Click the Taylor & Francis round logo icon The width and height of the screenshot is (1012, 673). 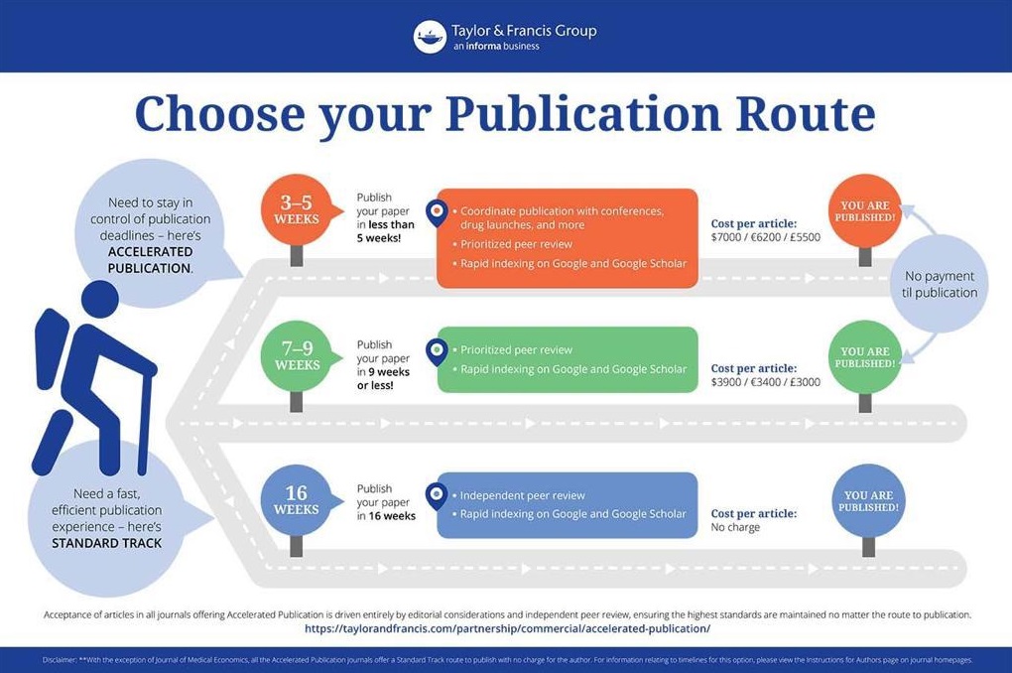(x=430, y=37)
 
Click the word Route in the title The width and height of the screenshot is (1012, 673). (x=805, y=114)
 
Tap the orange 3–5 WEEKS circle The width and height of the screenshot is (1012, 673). (x=297, y=209)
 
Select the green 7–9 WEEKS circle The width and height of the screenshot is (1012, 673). (x=297, y=356)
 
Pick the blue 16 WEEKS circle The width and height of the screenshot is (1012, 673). (x=297, y=500)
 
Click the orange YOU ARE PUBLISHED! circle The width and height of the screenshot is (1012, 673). (x=865, y=210)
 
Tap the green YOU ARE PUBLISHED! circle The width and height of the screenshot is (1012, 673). (x=865, y=356)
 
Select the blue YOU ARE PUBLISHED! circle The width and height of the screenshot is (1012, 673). (x=869, y=500)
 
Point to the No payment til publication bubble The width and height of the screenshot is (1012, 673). (x=939, y=284)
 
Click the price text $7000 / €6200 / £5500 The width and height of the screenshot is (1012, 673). (x=766, y=237)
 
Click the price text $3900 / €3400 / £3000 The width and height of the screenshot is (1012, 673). (x=766, y=382)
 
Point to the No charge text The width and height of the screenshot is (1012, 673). (x=735, y=527)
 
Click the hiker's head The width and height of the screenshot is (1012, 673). (x=100, y=300)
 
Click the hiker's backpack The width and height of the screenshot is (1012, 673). (x=51, y=348)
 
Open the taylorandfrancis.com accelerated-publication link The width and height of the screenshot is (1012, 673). (x=507, y=628)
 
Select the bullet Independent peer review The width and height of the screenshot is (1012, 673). (x=522, y=495)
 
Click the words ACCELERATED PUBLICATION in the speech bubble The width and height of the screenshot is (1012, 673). (x=150, y=260)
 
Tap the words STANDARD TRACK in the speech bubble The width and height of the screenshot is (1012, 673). (x=107, y=543)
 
